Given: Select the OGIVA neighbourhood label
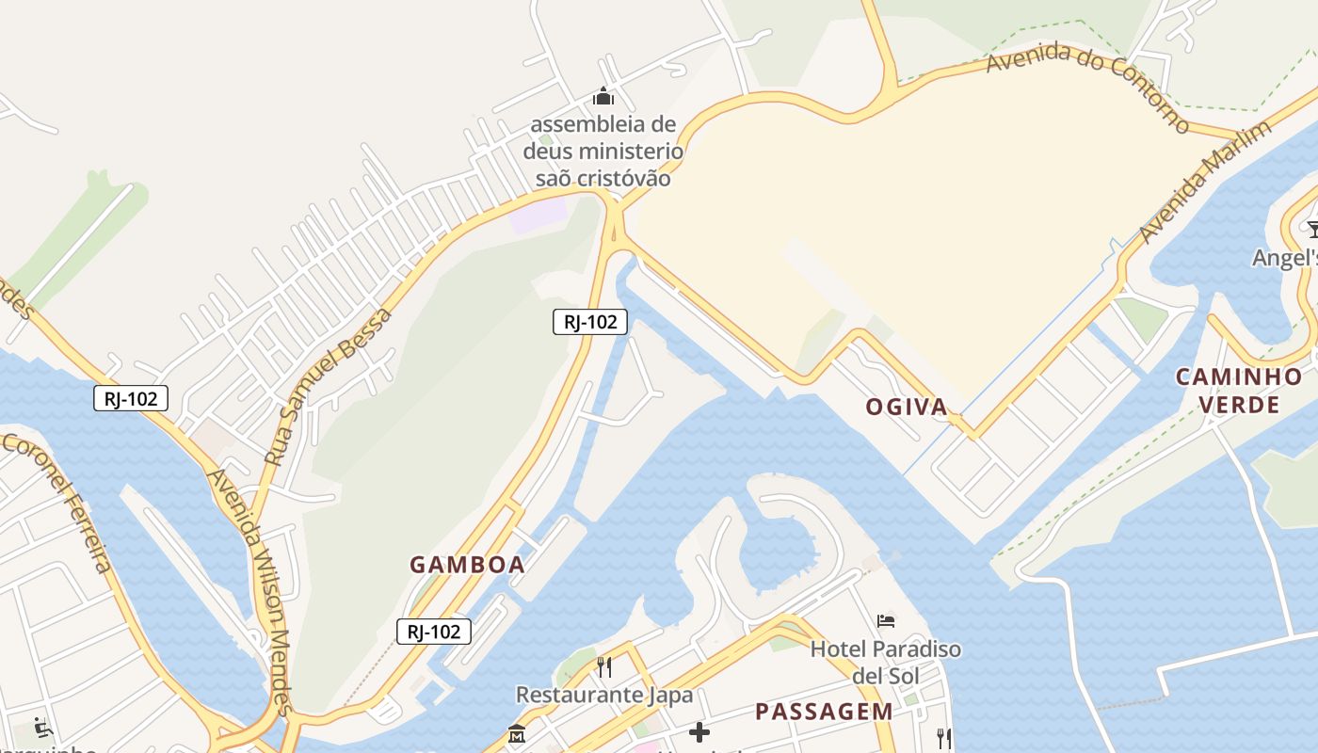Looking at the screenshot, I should (907, 407).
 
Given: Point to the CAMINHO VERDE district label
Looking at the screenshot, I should (1238, 391).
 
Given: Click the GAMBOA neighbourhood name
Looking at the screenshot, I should (467, 565).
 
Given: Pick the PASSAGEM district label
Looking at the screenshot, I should (824, 712).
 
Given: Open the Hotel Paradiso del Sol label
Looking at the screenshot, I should (886, 662).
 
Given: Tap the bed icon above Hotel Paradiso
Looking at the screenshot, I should (886, 621).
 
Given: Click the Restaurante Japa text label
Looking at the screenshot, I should (603, 696).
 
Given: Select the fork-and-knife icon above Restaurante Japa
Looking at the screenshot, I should (604, 667).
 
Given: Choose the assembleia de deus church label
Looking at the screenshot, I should (603, 151).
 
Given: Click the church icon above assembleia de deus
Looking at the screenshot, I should (603, 97).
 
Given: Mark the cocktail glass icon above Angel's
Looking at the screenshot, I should (1312, 228).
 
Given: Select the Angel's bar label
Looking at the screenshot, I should (1286, 258).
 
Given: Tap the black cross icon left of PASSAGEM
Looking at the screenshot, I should (699, 731).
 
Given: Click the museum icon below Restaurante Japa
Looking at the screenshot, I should (516, 733).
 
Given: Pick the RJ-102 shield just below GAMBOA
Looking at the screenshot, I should (433, 632).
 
